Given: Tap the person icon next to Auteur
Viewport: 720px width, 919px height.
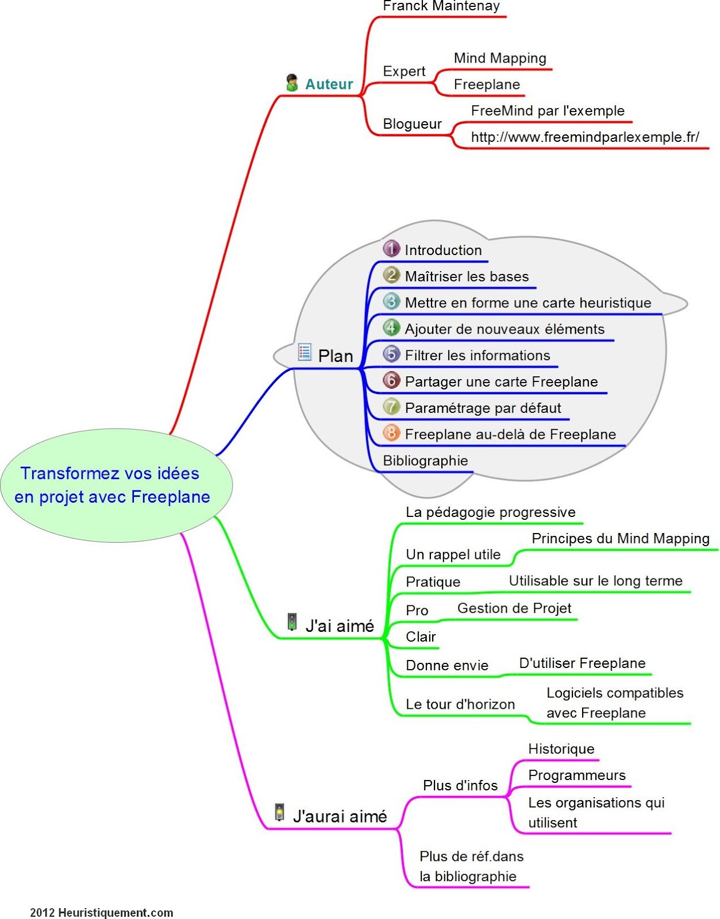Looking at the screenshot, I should click(292, 83).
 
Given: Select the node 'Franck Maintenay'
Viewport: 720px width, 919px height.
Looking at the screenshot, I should click(441, 6).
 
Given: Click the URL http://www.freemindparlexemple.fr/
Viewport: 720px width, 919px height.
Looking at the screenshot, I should click(585, 137).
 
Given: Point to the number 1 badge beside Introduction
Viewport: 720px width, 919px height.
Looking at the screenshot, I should click(391, 249).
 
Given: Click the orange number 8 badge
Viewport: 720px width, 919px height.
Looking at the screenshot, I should click(391, 433).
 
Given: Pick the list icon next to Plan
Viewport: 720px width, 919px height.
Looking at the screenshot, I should click(305, 352).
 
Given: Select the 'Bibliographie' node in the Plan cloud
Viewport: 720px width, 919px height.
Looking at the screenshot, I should click(425, 461).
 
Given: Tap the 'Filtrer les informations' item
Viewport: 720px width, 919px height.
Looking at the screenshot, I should click(477, 356).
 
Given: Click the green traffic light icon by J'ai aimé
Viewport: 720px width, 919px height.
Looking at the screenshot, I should click(292, 622).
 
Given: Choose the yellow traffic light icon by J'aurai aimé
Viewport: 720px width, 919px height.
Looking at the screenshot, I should click(280, 812).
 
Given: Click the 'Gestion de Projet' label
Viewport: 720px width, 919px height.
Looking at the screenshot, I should click(514, 608).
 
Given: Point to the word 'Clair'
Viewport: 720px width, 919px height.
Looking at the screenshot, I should click(421, 637).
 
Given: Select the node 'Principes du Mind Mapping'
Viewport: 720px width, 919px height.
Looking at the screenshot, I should click(621, 539).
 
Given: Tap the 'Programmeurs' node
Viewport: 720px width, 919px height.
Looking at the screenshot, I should click(576, 775).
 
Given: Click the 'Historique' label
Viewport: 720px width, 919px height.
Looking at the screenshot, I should click(561, 749).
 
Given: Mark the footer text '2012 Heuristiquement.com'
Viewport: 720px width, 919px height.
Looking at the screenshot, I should click(102, 913).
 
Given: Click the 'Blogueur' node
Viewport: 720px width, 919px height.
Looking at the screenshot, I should click(412, 124).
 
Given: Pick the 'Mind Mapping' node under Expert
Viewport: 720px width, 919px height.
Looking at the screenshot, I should click(500, 58).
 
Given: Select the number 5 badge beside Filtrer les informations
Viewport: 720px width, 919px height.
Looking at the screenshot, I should click(391, 354).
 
